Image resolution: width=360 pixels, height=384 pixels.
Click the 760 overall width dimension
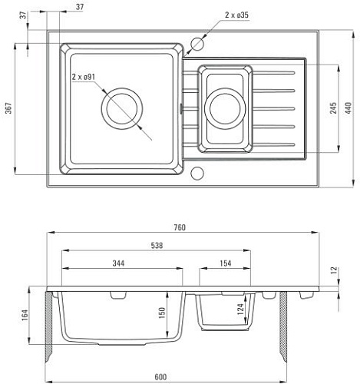(180, 227)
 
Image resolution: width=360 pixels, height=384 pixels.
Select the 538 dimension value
(157, 246)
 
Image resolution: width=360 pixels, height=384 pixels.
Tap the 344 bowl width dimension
(118, 263)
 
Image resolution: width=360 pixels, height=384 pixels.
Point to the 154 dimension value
(226, 263)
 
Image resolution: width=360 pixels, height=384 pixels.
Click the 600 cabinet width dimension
(160, 377)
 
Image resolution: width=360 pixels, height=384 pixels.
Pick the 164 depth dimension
(25, 315)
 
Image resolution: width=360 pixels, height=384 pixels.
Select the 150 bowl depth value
(162, 313)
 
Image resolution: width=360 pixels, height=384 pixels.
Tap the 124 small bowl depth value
(240, 309)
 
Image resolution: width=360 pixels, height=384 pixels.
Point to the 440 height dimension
(348, 108)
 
